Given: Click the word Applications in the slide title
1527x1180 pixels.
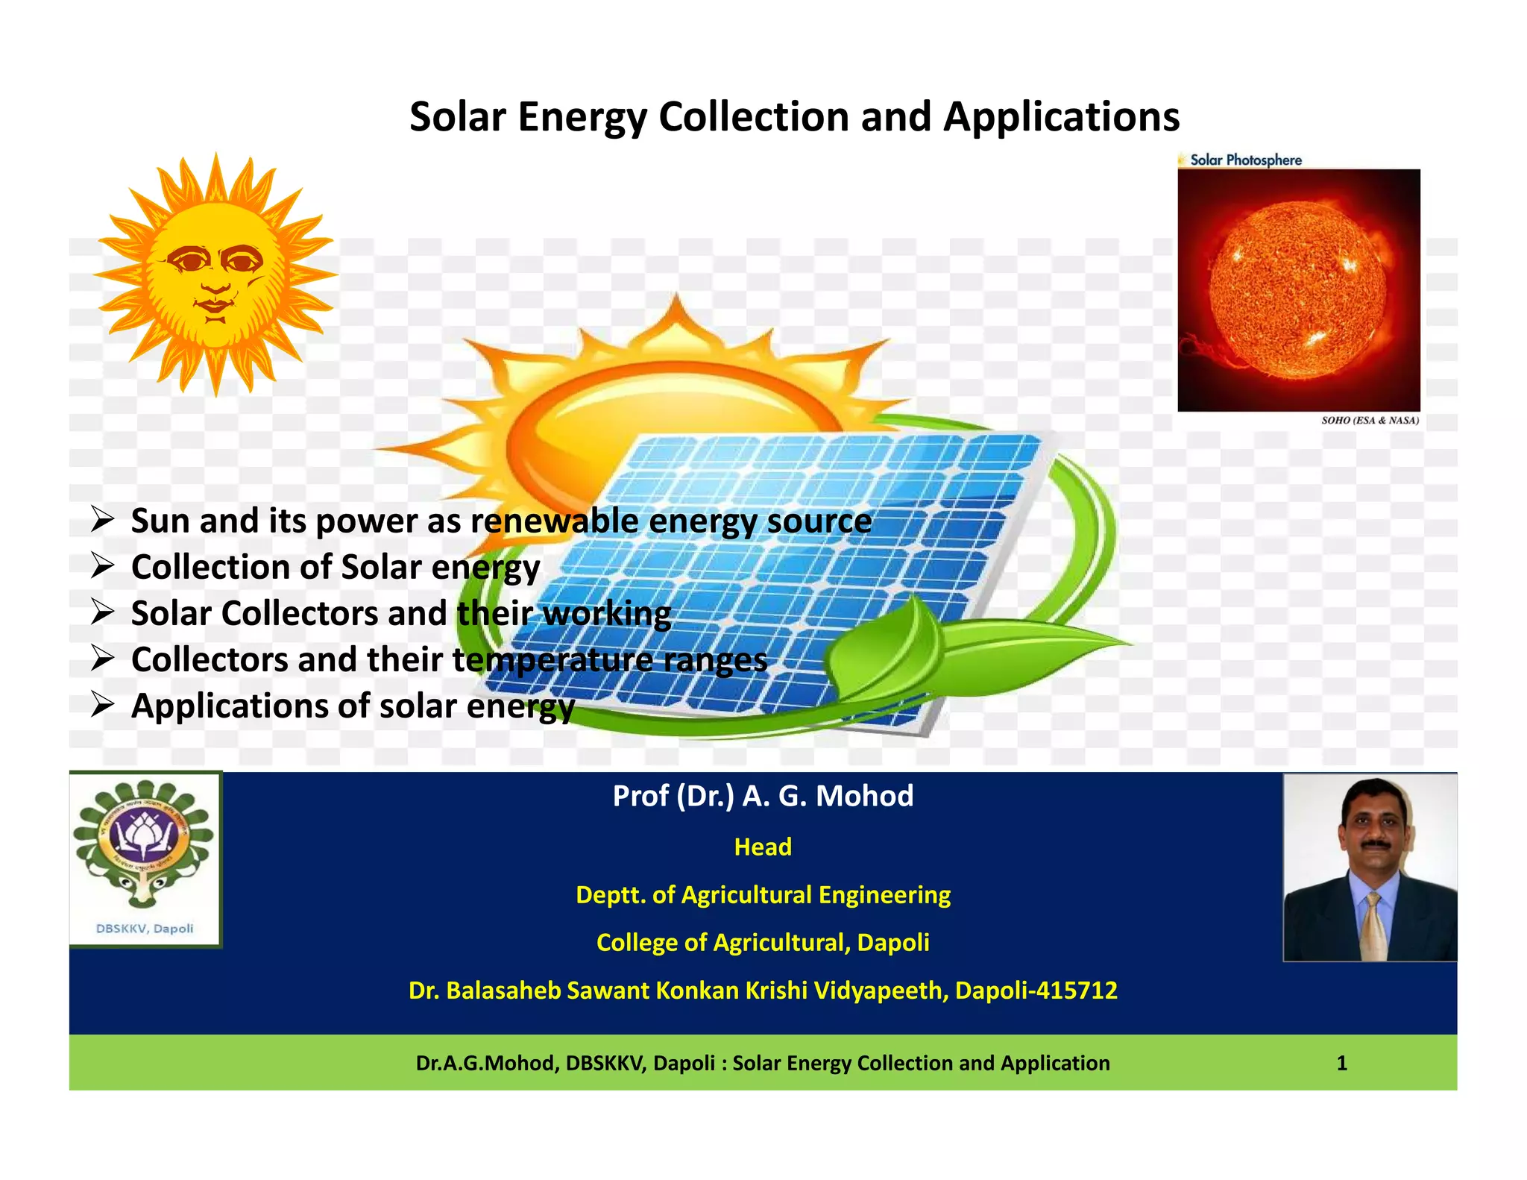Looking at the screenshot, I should click(x=1061, y=118).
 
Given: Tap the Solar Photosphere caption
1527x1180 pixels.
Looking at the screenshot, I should click(x=1245, y=160).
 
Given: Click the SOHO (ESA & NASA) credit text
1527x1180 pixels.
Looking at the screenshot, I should click(x=1370, y=421).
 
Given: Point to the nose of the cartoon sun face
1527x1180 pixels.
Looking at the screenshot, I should click(x=215, y=281).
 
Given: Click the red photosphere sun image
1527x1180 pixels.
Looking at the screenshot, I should click(x=1298, y=289).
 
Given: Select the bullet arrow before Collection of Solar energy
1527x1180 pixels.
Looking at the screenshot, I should click(x=102, y=566).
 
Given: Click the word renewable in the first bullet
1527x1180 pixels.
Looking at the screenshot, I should click(x=555, y=521).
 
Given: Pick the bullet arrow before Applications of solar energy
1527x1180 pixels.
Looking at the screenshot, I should click(x=102, y=705).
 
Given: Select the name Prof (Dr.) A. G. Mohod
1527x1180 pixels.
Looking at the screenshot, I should click(x=763, y=796).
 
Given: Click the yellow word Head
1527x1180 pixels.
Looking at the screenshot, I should click(x=763, y=847).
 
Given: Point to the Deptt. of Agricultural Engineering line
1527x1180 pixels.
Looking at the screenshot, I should click(x=763, y=894).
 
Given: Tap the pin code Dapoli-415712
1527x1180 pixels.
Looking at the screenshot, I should click(x=1036, y=990).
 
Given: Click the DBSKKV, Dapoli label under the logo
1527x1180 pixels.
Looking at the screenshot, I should click(x=145, y=929).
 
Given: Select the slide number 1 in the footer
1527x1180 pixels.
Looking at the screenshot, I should click(x=1341, y=1063).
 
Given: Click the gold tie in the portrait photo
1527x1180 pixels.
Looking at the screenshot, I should click(x=1372, y=925).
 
